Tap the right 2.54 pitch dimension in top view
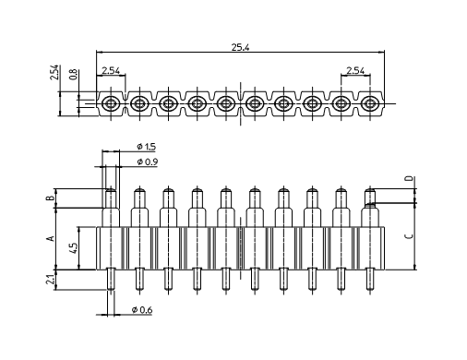[x=355, y=70]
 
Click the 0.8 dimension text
[x=74, y=76]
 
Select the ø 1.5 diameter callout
[x=145, y=148]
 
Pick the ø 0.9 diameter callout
[x=145, y=162]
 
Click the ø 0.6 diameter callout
[x=141, y=309]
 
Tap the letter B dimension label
[x=53, y=198]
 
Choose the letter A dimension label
[x=53, y=238]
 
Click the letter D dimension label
[x=408, y=178]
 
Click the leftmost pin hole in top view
[x=110, y=102]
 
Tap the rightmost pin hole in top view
[x=369, y=102]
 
